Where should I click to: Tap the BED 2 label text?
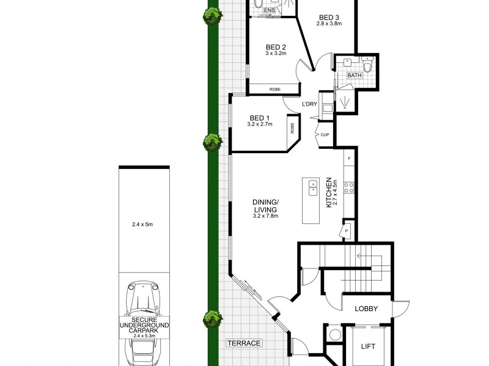click(276, 48)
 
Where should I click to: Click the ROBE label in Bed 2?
click(275, 90)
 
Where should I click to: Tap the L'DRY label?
click(310, 104)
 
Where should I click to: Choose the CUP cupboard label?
click(325, 134)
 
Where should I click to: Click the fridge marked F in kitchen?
click(349, 159)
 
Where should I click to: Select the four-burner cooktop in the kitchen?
click(349, 187)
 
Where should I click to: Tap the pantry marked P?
click(347, 231)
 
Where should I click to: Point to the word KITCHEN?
click(329, 193)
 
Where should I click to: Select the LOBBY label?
click(366, 309)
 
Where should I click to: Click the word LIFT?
click(369, 346)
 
